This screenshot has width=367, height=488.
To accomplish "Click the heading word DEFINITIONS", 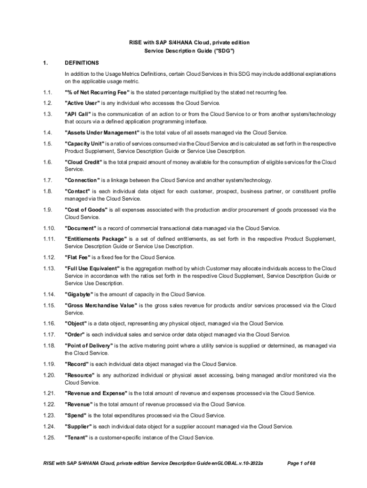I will click(82, 62).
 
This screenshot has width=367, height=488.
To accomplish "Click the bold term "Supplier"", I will click(79, 426).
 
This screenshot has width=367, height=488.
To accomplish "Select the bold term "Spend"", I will click(75, 415).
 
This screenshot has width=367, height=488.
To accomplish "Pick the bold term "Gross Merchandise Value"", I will click(101, 305).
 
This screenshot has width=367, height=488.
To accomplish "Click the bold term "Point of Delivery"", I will click(89, 346).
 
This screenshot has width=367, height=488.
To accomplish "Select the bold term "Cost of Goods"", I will click(86, 210).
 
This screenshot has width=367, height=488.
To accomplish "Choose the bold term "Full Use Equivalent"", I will click(93, 268).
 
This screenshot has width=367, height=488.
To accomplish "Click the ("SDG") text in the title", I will click(224, 51).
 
